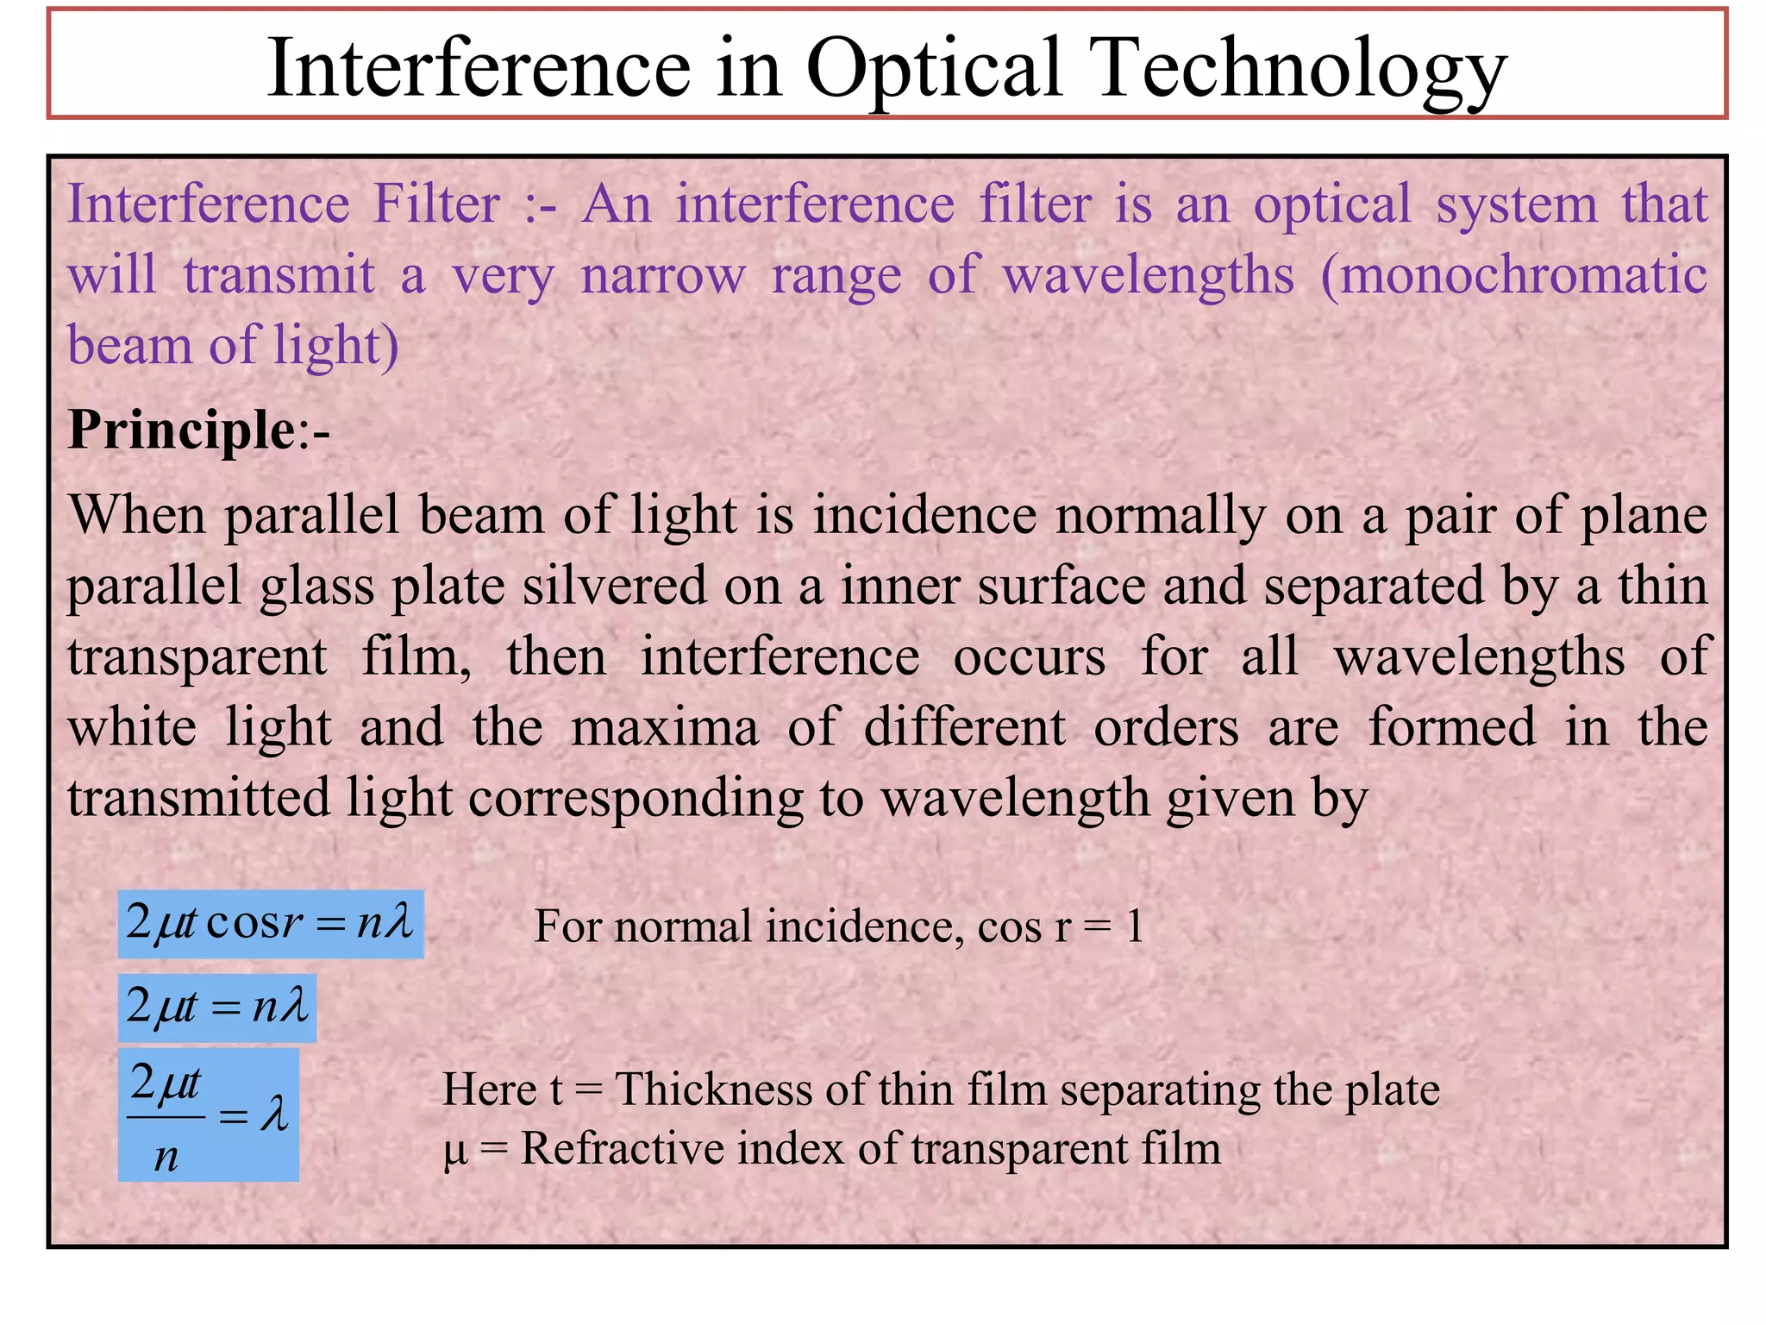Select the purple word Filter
[x=436, y=204]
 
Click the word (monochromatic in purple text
[x=1513, y=275]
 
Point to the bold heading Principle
[x=182, y=429]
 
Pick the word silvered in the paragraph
[x=615, y=586]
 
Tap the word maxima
[x=665, y=726]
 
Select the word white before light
[x=132, y=726]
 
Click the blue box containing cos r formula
[x=271, y=924]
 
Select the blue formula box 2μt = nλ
[x=216, y=1008]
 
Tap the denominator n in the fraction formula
[x=166, y=1156]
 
